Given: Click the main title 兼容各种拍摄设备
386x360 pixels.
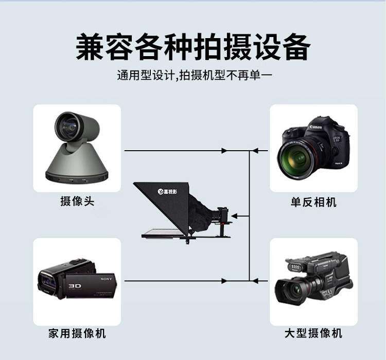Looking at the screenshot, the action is [193, 47].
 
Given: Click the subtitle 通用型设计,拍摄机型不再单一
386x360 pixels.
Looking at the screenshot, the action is [195, 75].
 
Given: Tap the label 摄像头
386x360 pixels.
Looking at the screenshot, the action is [77, 201].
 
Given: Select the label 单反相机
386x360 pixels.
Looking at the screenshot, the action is [313, 202].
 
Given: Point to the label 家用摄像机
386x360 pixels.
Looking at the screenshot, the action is [77, 333].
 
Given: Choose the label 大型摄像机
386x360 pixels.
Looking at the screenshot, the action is [313, 333].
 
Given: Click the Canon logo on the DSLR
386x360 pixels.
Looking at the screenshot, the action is [316, 127].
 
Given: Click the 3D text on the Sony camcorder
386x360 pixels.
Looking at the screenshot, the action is [75, 286].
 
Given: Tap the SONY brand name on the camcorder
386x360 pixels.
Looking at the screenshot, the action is [107, 279].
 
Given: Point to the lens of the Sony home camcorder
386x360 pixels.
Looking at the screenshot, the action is [48, 282].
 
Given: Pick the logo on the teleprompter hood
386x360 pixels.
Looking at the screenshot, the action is [167, 191].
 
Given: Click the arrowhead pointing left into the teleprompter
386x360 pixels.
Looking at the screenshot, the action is [234, 217].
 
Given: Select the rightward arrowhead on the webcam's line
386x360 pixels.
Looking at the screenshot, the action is [224, 151].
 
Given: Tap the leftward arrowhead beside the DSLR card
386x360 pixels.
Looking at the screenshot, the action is [255, 151].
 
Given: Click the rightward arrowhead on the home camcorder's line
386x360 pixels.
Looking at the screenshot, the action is [224, 281].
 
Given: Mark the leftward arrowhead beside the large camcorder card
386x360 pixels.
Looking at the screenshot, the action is [255, 281].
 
